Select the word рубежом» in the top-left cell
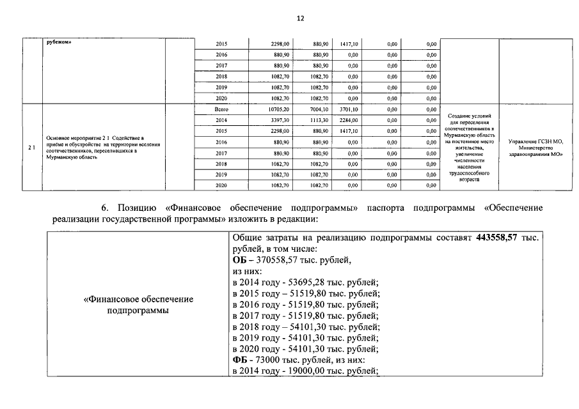point(58,43)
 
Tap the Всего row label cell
point(221,109)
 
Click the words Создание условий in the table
point(470,114)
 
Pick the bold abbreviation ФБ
point(240,360)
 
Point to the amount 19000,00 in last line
point(298,371)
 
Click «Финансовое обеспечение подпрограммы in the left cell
point(139,304)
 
